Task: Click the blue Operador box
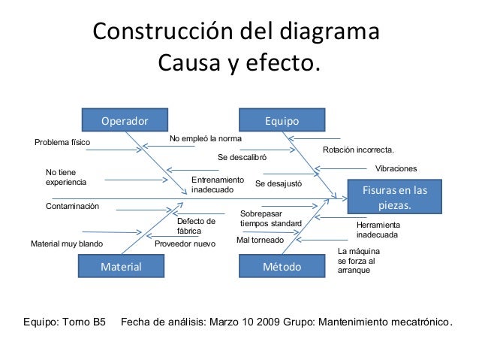pos(125,120)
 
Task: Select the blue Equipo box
pos(282,120)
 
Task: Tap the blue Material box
pos(122,266)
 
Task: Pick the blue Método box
pos(282,266)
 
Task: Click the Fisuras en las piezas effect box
pos(394,197)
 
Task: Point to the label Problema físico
pos(62,142)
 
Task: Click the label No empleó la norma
pos(206,139)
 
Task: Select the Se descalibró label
pos(242,158)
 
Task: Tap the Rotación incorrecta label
pos(358,150)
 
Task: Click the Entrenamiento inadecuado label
pos(218,185)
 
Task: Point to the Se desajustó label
pos(279,183)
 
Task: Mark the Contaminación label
pos(72,206)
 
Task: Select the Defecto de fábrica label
pos(196,226)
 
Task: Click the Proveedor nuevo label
pos(185,244)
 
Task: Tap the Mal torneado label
pos(260,241)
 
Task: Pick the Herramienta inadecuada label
pos(378,230)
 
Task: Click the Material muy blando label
pos(66,244)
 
